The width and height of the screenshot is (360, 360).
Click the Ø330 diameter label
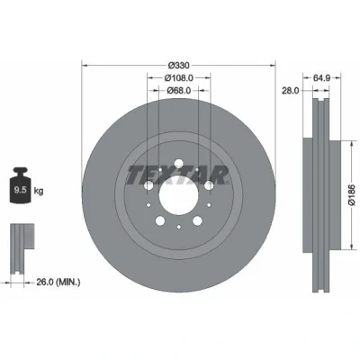(x=178, y=65)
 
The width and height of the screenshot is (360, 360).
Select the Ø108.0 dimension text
(x=178, y=77)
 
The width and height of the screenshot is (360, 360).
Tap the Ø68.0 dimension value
(x=179, y=90)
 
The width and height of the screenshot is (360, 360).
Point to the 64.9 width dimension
(x=321, y=77)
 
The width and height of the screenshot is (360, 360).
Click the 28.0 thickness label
(x=290, y=90)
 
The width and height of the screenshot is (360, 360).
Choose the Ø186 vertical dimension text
(x=352, y=195)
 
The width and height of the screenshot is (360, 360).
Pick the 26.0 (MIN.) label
(x=58, y=282)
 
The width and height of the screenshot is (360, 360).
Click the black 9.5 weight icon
(x=20, y=185)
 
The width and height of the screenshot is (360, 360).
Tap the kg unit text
(x=39, y=191)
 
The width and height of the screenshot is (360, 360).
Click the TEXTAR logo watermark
(x=178, y=175)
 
